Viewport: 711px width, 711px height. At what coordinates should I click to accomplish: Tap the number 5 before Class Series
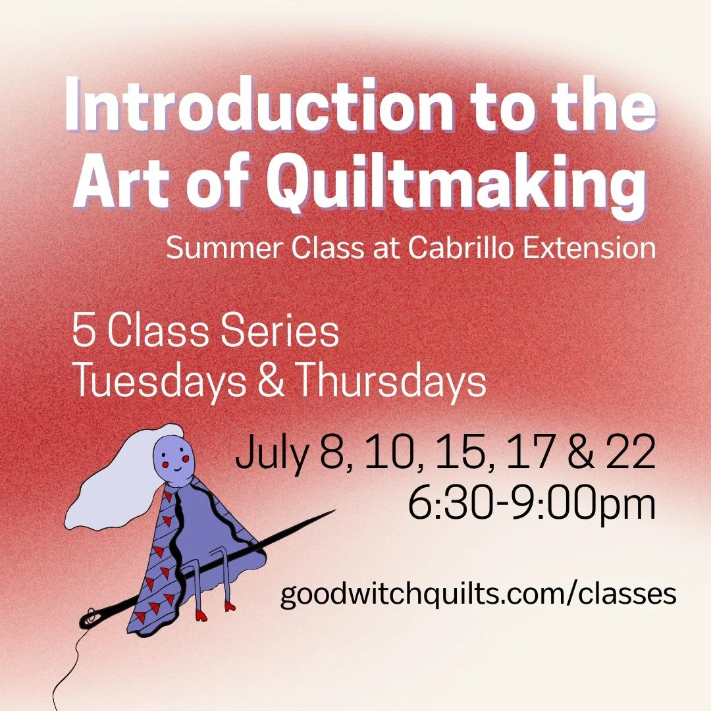click(x=83, y=333)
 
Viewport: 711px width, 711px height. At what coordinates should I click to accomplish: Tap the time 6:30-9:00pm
click(x=531, y=506)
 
